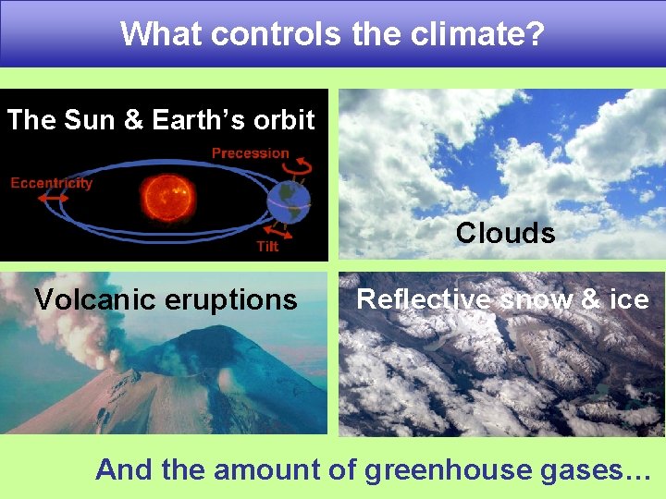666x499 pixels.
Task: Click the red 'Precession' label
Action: [250, 152]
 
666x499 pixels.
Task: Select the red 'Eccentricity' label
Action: [52, 183]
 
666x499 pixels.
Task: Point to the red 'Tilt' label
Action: [266, 247]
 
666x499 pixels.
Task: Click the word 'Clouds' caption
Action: [505, 233]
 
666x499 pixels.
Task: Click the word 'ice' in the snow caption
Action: [629, 299]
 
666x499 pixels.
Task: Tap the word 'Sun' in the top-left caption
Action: [86, 120]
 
